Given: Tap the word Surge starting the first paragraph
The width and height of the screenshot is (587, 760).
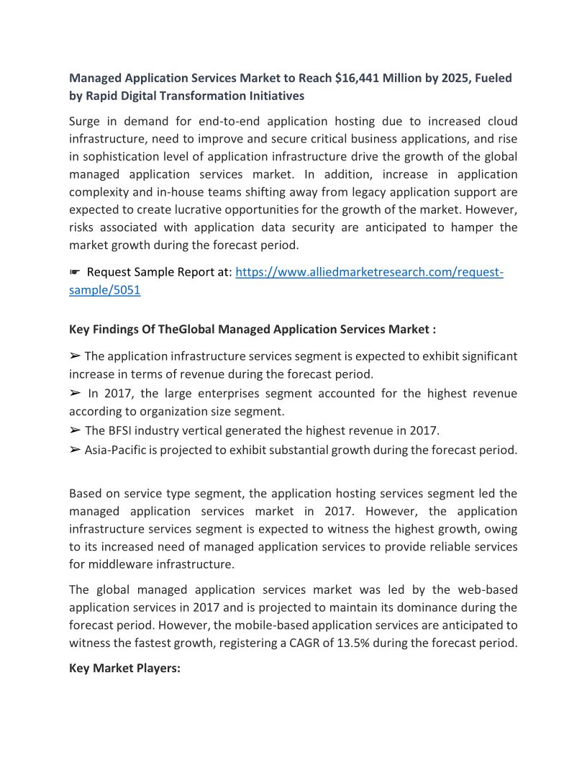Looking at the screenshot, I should pyautogui.click(x=86, y=121).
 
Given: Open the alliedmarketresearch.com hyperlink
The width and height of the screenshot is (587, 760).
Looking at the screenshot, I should pyautogui.click(x=369, y=273).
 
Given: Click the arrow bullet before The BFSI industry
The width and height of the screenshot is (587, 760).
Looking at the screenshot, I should pyautogui.click(x=75, y=431).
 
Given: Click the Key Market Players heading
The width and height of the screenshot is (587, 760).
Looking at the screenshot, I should pyautogui.click(x=124, y=669).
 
